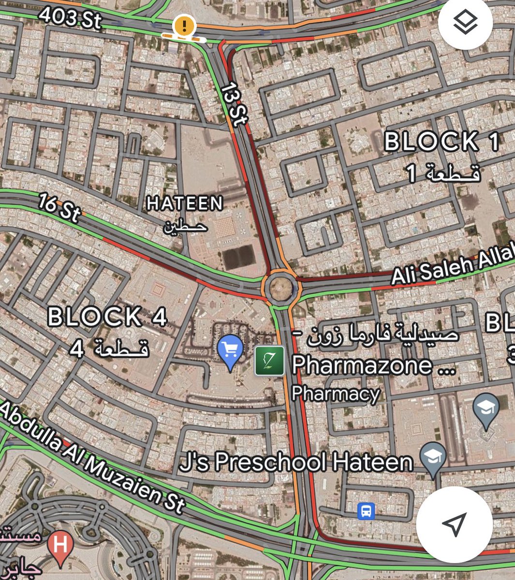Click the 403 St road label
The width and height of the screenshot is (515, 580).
[x=70, y=18]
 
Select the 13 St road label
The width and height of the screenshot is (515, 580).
[x=235, y=104]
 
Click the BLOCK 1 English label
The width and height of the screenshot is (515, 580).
[x=441, y=142]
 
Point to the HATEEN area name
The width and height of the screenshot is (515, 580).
[x=185, y=203]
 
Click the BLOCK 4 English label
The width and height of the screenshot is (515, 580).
[x=107, y=318]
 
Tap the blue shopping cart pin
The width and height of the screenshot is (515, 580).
[x=230, y=350]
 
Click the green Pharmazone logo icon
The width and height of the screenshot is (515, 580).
[x=269, y=361]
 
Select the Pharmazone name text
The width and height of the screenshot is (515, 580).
[x=373, y=365]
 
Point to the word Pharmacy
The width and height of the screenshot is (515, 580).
[x=335, y=394]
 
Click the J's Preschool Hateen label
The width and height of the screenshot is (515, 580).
[x=296, y=462]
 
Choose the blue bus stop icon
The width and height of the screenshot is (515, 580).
[x=366, y=511]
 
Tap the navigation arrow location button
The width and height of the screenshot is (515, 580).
[x=454, y=524]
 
